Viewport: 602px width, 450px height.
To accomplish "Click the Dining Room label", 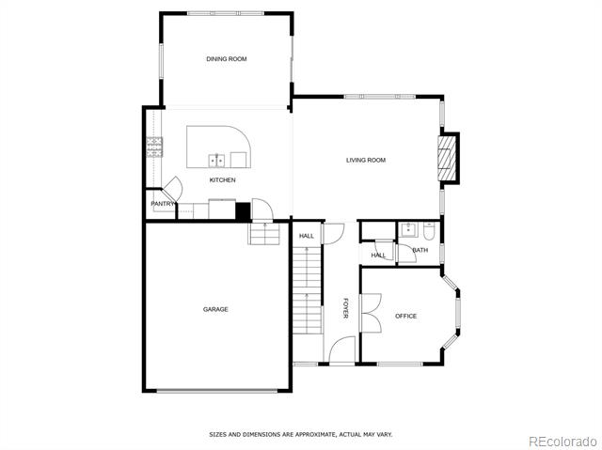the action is pos(227,59).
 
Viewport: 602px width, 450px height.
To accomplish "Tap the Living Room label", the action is pos(366,161).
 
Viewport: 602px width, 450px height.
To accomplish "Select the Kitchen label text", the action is pos(222,180).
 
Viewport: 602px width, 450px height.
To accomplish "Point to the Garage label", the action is pos(215,309).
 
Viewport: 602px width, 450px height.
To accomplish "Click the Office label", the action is pos(405,317).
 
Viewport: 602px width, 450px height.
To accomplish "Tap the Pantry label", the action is pos(163,204).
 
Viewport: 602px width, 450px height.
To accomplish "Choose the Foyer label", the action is pos(345,308).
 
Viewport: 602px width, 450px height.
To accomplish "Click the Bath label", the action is pos(420,250).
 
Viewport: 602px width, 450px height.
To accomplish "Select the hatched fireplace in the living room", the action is pos(446,158).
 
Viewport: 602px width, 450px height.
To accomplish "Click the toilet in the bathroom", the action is pos(429,231).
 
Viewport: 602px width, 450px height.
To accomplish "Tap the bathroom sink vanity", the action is pos(407,230).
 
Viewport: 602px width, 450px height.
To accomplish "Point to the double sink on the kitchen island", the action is pos(216,161).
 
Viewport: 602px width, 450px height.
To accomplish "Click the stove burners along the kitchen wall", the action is pos(154,147).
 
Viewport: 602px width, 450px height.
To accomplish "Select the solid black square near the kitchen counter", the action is pos(243,212).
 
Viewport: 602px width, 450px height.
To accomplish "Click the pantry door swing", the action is pos(172,190).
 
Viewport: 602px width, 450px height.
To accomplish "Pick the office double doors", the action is pos(372,313).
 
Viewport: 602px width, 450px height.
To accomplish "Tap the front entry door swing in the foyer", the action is pos(342,349).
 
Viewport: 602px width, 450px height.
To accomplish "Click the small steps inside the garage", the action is pos(264,233).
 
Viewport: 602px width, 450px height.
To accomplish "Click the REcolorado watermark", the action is pos(562,442).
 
